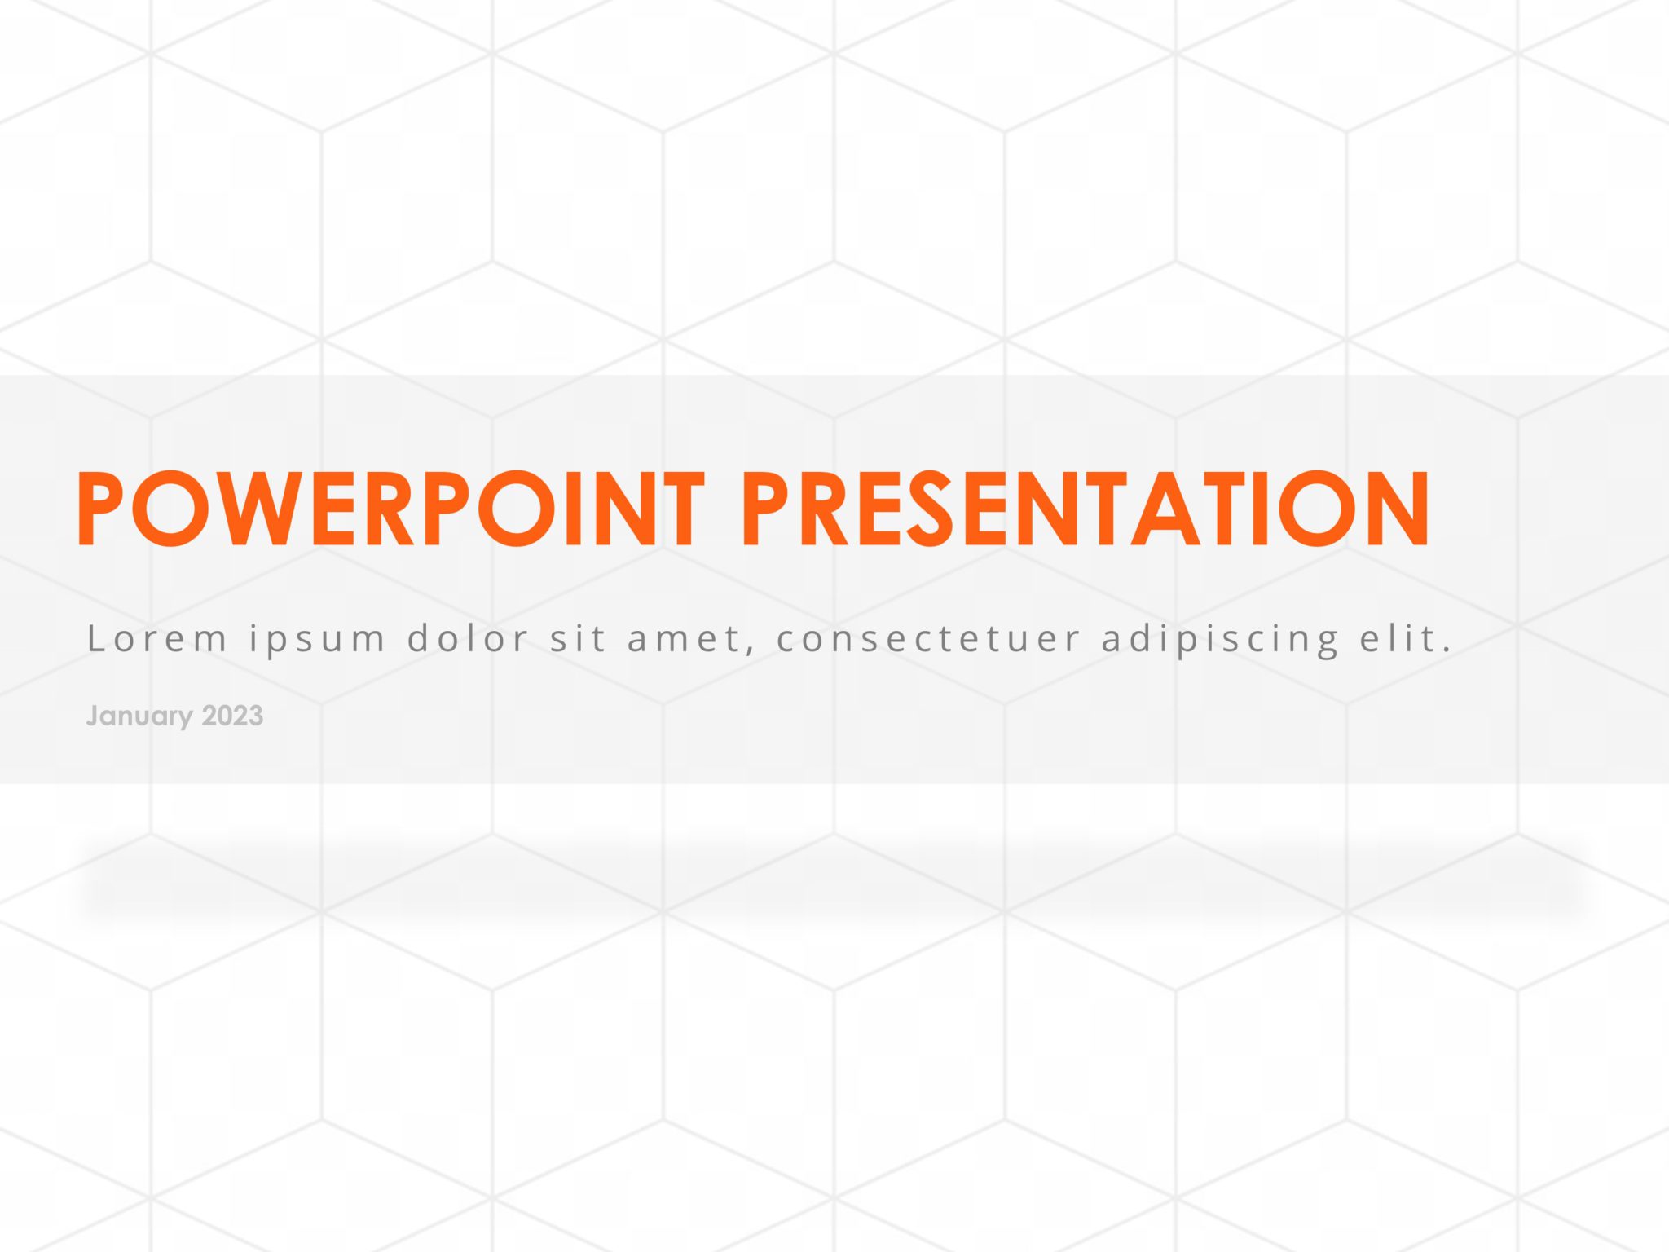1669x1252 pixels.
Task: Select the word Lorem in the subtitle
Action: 156,638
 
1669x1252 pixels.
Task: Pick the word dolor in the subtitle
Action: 469,637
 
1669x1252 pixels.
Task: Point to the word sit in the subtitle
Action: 578,637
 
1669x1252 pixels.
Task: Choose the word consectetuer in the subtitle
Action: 928,638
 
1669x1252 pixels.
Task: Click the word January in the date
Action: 139,716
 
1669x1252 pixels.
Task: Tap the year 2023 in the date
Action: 232,716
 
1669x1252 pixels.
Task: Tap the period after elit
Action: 1447,650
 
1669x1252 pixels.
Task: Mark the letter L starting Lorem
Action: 96,637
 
